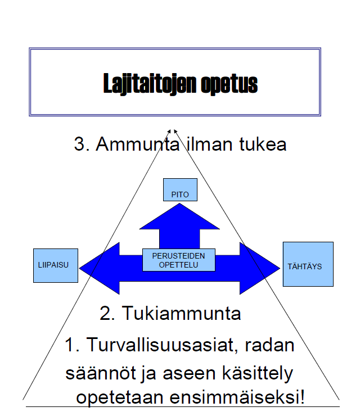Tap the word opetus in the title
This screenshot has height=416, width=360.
(229, 84)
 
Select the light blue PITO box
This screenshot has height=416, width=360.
(180, 189)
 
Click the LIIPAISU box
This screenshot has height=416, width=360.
(56, 265)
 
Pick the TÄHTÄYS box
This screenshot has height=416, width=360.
(308, 264)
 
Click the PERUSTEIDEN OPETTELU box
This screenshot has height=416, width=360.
(179, 260)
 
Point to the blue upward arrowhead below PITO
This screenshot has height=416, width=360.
(179, 216)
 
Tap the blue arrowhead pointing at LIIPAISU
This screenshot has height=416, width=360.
(100, 268)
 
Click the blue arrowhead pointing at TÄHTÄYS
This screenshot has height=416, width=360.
(260, 268)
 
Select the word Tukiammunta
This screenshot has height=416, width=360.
(181, 313)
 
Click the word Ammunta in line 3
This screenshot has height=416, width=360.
(137, 144)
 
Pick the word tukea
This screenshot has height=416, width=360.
(263, 144)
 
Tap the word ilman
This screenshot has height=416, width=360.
(210, 144)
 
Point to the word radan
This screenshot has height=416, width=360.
(269, 345)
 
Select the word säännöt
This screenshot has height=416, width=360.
(101, 373)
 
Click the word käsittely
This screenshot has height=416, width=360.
(258, 373)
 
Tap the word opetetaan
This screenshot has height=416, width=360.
(120, 397)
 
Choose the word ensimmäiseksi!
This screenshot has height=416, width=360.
(237, 397)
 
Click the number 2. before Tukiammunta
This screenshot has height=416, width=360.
(107, 313)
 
